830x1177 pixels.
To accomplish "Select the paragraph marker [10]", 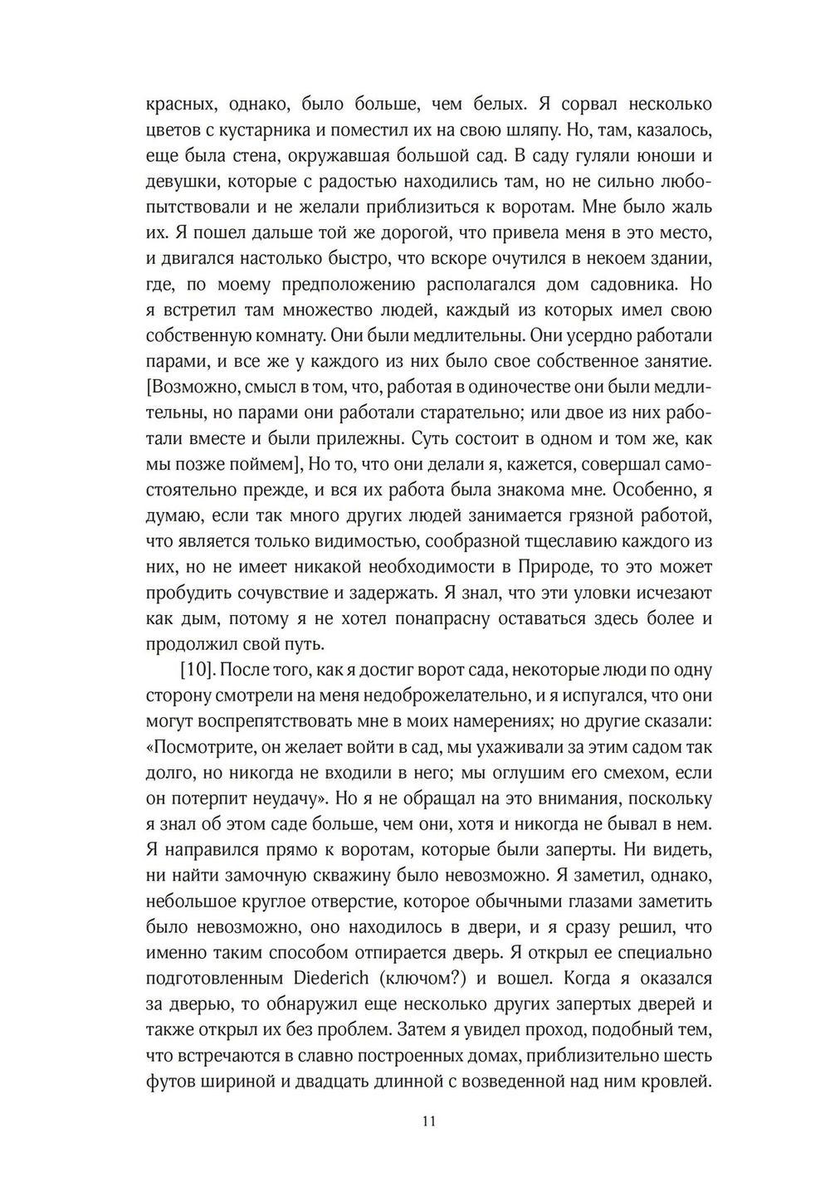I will click(197, 670).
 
